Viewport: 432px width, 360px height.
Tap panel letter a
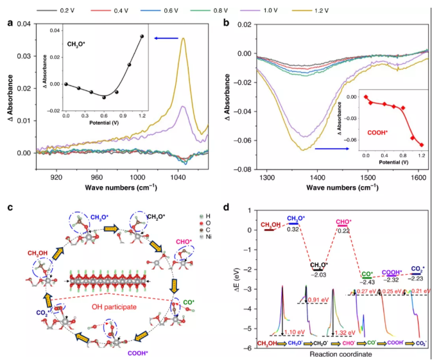click(x=10, y=24)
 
